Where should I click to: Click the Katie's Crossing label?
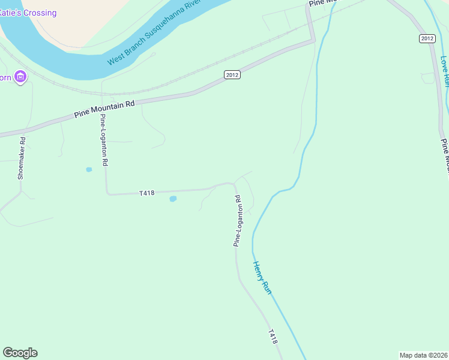pyautogui.click(x=28, y=13)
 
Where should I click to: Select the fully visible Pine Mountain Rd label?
pyautogui.click(x=104, y=109)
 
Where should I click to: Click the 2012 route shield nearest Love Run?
pyautogui.click(x=427, y=38)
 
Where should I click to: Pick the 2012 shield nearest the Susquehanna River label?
pyautogui.click(x=232, y=74)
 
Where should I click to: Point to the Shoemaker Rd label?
pyautogui.click(x=22, y=159)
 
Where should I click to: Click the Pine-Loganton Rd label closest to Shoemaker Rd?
pyautogui.click(x=104, y=140)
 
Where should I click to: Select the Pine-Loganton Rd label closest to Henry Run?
pyautogui.click(x=238, y=221)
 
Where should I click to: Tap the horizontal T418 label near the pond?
pyautogui.click(x=147, y=193)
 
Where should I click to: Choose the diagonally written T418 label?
pyautogui.click(x=273, y=336)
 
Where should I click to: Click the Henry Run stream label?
pyautogui.click(x=262, y=277)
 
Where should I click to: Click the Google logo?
pyautogui.click(x=20, y=353)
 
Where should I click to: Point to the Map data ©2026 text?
pyautogui.click(x=423, y=355)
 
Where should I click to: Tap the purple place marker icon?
pyautogui.click(x=21, y=77)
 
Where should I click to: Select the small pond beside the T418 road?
pyautogui.click(x=173, y=199)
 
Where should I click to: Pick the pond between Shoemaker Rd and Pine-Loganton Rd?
pyautogui.click(x=89, y=170)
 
